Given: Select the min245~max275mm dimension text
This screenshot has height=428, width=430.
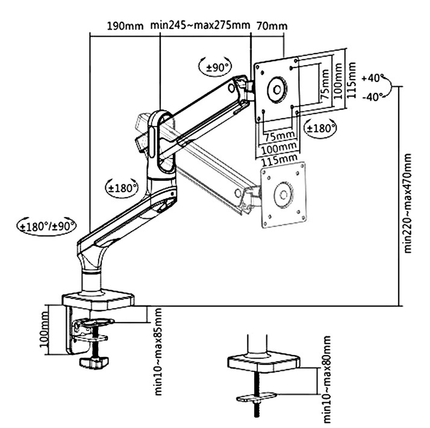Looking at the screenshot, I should pyautogui.click(x=200, y=25).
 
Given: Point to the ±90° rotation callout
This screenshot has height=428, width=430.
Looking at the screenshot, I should pyautogui.click(x=215, y=67).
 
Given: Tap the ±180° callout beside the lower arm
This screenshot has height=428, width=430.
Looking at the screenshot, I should pyautogui.click(x=122, y=187).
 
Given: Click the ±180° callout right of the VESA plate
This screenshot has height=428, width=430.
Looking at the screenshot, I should pyautogui.click(x=320, y=128).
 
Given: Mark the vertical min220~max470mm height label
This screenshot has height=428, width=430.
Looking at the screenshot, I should pyautogui.click(x=408, y=203).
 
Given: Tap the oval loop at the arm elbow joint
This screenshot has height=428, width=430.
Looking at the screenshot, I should pyautogui.click(x=158, y=140).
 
